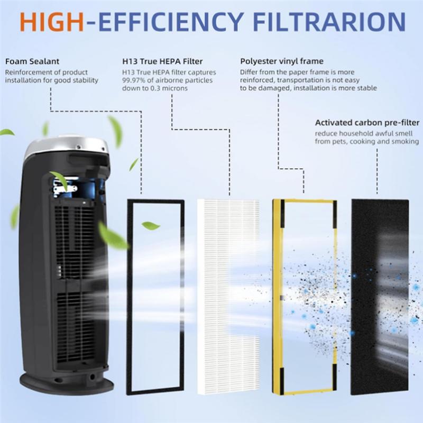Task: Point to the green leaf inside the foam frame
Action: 151,225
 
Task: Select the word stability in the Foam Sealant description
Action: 85,80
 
